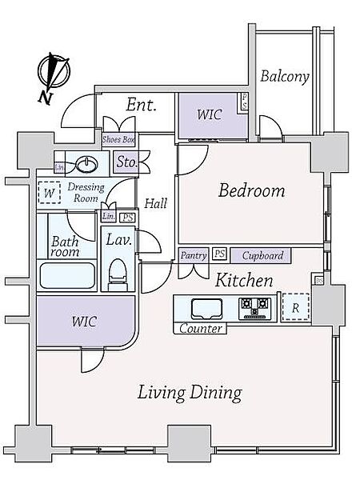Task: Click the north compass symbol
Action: pyautogui.click(x=54, y=71)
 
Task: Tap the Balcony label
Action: pyautogui.click(x=285, y=76)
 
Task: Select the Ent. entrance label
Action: pyautogui.click(x=141, y=105)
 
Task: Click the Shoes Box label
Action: pyautogui.click(x=118, y=139)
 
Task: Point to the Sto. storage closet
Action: pyautogui.click(x=126, y=162)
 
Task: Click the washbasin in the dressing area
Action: pyautogui.click(x=87, y=164)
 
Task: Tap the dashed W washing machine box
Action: pyautogui.click(x=49, y=193)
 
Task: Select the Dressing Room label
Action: pyautogui.click(x=86, y=193)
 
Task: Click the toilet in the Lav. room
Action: pyautogui.click(x=118, y=274)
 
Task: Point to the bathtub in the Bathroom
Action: pyautogui.click(x=67, y=275)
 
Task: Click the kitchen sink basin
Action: pyautogui.click(x=206, y=309)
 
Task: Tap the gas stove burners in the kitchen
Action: pyautogui.click(x=254, y=306)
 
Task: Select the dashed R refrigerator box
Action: pyautogui.click(x=295, y=307)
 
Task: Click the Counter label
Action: pyautogui.click(x=201, y=329)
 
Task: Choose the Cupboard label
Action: pyautogui.click(x=262, y=256)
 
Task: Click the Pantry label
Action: pyautogui.click(x=194, y=255)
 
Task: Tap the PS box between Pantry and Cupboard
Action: pyautogui.click(x=219, y=254)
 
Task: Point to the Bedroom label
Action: pyautogui.click(x=252, y=190)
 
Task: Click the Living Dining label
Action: pyautogui.click(x=190, y=393)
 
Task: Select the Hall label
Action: pyautogui.click(x=156, y=203)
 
